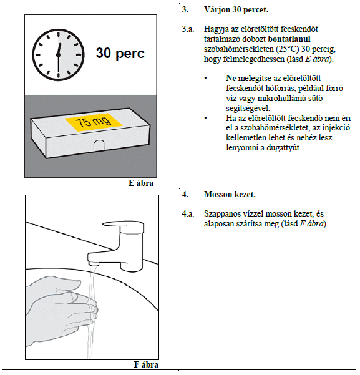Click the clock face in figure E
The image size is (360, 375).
tap(58, 55)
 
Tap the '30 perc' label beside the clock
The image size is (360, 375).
tap(120, 53)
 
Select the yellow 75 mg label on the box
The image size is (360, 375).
tap(94, 122)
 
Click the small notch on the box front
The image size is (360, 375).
tap(99, 146)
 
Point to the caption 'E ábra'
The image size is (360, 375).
tap(141, 183)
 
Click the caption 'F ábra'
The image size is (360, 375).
tap(146, 365)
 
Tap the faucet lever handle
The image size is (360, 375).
tap(124, 226)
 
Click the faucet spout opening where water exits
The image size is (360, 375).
tap(94, 264)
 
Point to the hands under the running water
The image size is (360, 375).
tap(62, 311)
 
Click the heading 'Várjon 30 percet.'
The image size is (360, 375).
tap(236, 10)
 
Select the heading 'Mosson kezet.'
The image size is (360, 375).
tap(230, 195)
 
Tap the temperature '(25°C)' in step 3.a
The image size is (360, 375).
tap(287, 49)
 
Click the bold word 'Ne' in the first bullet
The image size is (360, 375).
tap(231, 79)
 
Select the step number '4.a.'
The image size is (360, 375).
tap(188, 214)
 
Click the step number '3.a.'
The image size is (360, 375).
tap(188, 29)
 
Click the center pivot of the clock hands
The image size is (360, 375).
tap(58, 55)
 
